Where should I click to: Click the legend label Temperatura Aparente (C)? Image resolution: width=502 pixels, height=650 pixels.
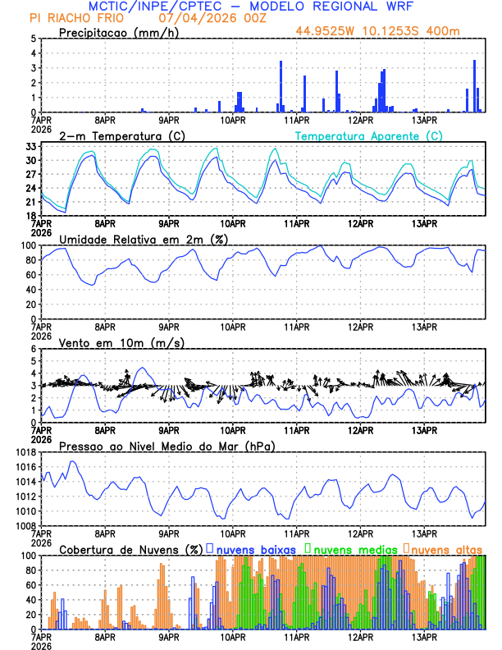[368, 135]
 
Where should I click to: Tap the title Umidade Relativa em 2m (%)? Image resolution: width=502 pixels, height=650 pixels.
[143, 239]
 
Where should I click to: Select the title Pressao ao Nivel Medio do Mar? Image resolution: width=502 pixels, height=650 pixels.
[167, 446]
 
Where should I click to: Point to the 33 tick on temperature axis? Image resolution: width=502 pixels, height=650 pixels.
[32, 146]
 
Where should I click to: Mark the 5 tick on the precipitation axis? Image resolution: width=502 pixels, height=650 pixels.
[34, 38]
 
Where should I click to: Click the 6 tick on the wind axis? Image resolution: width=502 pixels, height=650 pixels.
[34, 348]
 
